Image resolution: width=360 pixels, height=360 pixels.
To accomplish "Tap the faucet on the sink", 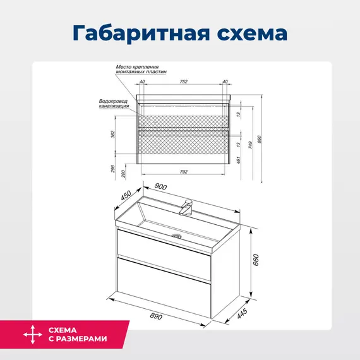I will point(186,206).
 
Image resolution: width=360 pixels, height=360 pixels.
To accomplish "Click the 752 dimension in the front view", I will point(184,81).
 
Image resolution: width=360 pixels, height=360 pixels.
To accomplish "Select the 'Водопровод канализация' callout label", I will point(114,104).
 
